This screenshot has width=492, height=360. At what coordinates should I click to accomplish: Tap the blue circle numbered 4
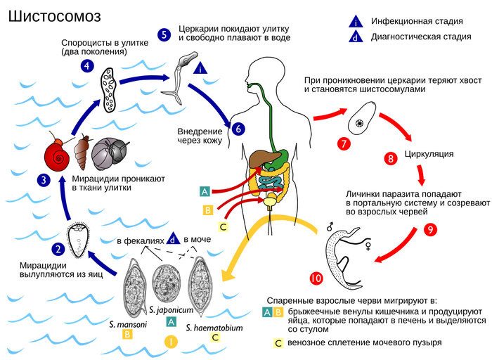pos(88,66)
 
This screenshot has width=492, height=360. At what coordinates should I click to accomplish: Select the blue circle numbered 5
pos(164,34)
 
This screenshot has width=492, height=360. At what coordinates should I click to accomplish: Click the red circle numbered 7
pos(344,143)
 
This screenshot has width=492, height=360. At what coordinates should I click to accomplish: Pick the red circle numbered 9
pos(431,229)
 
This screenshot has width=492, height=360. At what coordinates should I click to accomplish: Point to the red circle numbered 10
pos(316,279)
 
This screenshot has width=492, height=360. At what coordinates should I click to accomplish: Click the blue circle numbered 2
pos(58,247)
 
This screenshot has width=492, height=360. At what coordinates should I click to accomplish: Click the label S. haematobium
pos(214,327)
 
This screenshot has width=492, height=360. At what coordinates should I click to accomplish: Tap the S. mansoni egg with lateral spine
pos(134,292)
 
